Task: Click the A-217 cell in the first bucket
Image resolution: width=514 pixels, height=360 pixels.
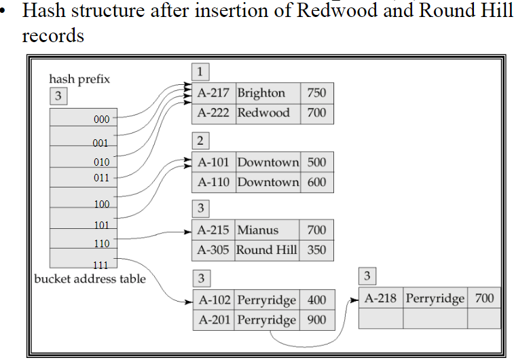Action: tap(214, 93)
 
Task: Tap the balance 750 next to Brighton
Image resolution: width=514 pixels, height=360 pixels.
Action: tap(316, 93)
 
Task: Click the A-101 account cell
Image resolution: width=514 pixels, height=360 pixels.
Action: tap(214, 162)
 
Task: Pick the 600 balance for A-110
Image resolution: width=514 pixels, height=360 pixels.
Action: tap(316, 182)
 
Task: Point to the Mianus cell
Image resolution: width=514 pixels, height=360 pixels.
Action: tap(257, 230)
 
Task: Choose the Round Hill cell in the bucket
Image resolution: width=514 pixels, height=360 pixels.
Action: tap(266, 250)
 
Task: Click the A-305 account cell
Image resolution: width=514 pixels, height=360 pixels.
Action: tap(214, 250)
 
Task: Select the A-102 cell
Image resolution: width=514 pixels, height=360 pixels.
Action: tap(214, 300)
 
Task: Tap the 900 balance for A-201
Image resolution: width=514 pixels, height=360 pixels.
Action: tap(316, 320)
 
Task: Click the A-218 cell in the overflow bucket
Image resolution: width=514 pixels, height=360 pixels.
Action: tap(381, 298)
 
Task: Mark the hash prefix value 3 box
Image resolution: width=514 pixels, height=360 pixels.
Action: tap(58, 96)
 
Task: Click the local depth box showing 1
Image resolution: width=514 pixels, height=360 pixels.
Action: tap(200, 71)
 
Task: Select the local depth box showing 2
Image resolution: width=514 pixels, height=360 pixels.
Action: tap(200, 141)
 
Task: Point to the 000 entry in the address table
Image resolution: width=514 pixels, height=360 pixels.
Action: tap(101, 120)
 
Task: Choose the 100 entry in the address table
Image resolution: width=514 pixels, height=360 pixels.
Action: tap(101, 204)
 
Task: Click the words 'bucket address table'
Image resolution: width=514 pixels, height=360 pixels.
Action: tap(90, 278)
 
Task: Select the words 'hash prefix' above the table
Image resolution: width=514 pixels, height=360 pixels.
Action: tap(79, 79)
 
